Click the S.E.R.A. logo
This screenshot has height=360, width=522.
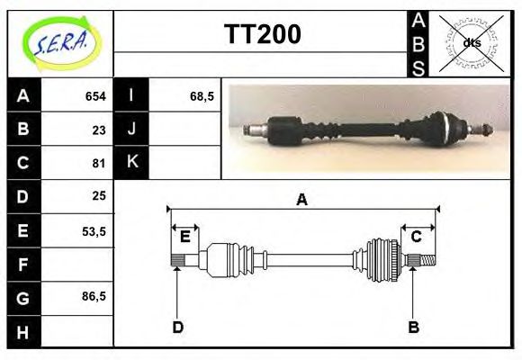point(60,43)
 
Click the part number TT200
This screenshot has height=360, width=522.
point(262,34)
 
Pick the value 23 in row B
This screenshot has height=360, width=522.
point(98,130)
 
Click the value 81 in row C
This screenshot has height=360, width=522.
point(98,164)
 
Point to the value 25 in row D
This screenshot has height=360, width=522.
point(98,195)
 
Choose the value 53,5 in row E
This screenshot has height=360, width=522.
point(94,230)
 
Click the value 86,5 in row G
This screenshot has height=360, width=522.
point(94,297)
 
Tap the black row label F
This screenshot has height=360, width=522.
point(23,265)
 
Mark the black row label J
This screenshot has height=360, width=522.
point(131,130)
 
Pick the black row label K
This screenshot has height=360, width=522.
point(131,163)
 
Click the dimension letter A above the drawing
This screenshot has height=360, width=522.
point(301,201)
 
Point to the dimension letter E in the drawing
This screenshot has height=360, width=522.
point(184,237)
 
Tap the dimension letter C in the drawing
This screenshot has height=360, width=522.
point(417,237)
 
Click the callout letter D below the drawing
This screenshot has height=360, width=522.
point(178,328)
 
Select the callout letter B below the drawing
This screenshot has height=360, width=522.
point(414,328)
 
